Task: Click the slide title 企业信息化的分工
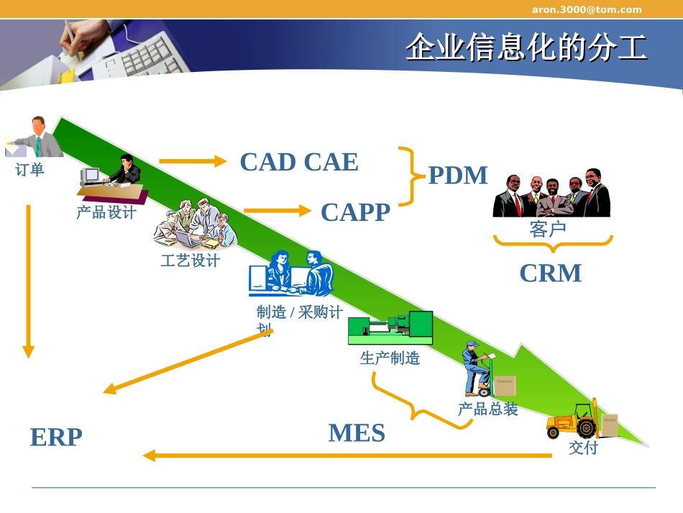[x=526, y=47]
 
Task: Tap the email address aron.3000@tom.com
[x=587, y=9]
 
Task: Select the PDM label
[x=458, y=176]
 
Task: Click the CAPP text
[x=355, y=212]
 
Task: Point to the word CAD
[x=267, y=162]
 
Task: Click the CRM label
[x=550, y=273]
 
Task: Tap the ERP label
[x=56, y=437]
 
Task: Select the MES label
[x=357, y=433]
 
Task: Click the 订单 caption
[x=30, y=170]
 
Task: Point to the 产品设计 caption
[x=106, y=212]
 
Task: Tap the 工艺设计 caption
[x=190, y=260]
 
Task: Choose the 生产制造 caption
[x=390, y=358]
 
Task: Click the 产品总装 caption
[x=487, y=409]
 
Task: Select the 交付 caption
[x=583, y=448]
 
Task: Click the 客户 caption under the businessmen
[x=548, y=230]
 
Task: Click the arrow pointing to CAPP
[x=277, y=211]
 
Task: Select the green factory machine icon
[x=390, y=328]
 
